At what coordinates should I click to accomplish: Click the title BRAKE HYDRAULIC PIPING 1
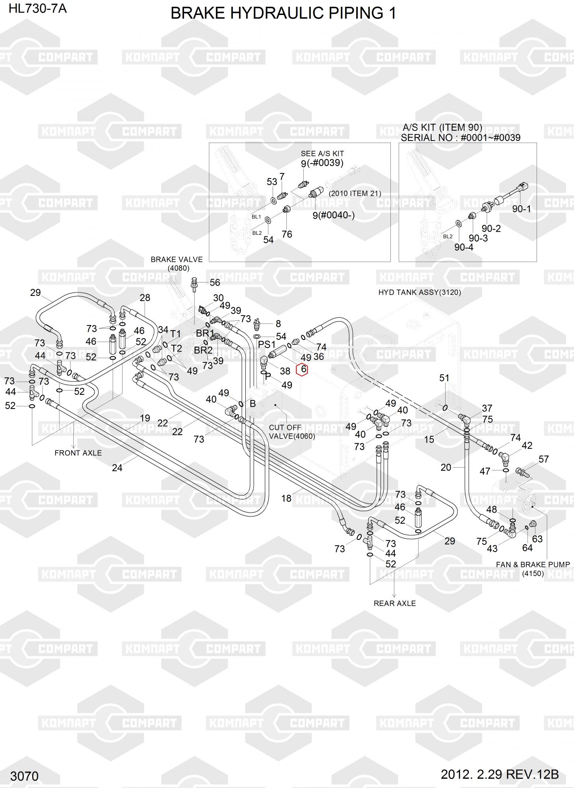pyautogui.click(x=283, y=14)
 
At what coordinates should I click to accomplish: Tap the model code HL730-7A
pyautogui.click(x=38, y=8)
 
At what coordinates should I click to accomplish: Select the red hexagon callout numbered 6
pyautogui.click(x=302, y=370)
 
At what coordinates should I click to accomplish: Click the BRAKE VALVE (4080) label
pyautogui.click(x=177, y=264)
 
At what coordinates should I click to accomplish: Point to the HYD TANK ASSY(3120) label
pyautogui.click(x=420, y=292)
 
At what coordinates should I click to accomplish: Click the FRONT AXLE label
pyautogui.click(x=78, y=453)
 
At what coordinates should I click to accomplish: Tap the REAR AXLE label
pyautogui.click(x=395, y=603)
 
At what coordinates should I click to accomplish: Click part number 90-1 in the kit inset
pyautogui.click(x=521, y=209)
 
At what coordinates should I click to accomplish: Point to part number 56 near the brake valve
pyautogui.click(x=215, y=282)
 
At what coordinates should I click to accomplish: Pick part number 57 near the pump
pyautogui.click(x=544, y=459)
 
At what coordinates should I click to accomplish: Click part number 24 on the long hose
pyautogui.click(x=117, y=468)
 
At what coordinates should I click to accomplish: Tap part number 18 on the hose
pyautogui.click(x=286, y=498)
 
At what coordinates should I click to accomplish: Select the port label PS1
pyautogui.click(x=267, y=344)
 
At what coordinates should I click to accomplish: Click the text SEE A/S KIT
pyautogui.click(x=322, y=153)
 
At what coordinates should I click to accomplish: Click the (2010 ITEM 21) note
pyautogui.click(x=355, y=193)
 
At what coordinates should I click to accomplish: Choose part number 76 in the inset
pyautogui.click(x=287, y=234)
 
